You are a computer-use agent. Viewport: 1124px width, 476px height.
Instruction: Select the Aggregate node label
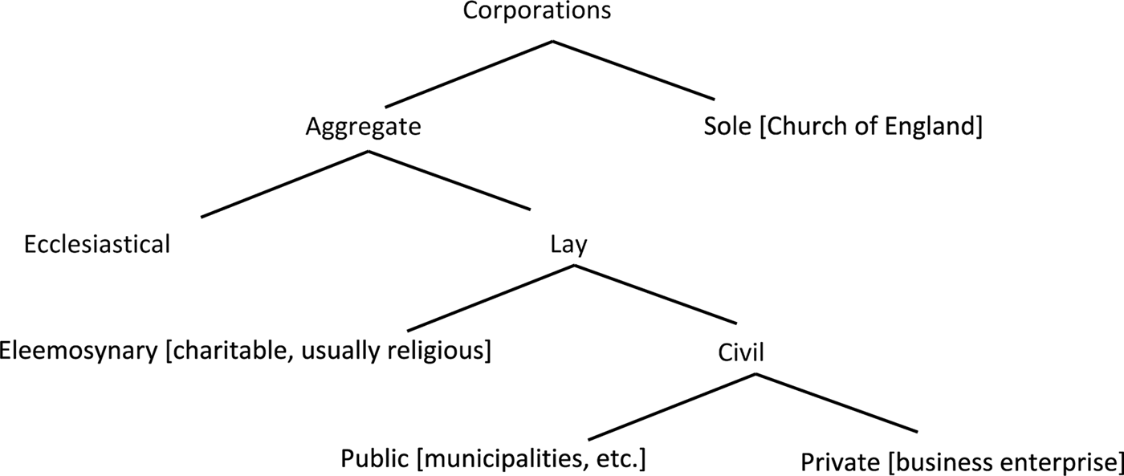pos(364,128)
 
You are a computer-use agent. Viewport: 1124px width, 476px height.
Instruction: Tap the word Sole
pos(727,128)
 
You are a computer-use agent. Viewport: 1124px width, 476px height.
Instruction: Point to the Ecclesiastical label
pos(97,244)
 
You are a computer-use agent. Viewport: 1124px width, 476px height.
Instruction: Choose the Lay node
pos(568,245)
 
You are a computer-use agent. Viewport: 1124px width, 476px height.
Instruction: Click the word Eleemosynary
pos(79,351)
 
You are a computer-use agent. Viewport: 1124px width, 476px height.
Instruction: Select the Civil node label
pos(739,352)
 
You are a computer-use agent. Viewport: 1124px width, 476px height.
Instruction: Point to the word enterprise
pos(1055,463)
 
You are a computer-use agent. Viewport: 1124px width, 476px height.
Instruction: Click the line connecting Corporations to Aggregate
pos(468,74)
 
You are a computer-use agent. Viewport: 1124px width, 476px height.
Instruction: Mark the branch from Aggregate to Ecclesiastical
pos(284,184)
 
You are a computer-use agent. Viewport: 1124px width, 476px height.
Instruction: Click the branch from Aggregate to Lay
pos(448,181)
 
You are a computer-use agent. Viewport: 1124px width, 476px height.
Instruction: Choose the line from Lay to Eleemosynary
pos(490,298)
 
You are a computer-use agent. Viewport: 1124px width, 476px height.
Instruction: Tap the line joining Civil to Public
pos(671,406)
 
